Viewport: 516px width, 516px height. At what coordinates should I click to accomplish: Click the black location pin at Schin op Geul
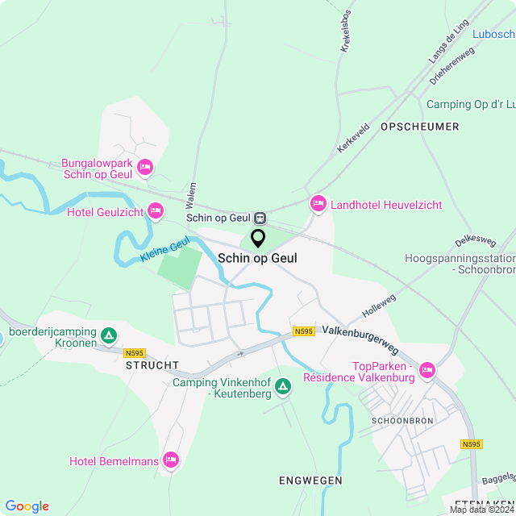[258, 239]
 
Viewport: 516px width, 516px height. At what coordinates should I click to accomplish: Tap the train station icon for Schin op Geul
[260, 218]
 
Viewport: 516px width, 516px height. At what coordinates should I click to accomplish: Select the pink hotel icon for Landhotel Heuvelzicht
[318, 205]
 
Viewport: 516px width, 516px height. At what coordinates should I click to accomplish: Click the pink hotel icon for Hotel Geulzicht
[156, 212]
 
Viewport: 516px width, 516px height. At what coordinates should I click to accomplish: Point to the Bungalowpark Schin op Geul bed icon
[145, 168]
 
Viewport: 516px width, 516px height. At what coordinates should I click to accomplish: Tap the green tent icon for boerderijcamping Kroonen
[110, 334]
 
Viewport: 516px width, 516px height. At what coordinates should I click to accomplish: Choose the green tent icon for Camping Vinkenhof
[283, 387]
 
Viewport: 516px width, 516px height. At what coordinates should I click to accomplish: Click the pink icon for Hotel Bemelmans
[170, 460]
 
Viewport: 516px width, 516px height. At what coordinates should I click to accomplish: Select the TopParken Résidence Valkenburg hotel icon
[427, 371]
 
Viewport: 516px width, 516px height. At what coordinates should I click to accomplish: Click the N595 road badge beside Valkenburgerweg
[304, 331]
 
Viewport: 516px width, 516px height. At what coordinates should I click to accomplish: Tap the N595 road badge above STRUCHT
[134, 352]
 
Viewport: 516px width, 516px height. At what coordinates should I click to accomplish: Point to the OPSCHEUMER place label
[419, 127]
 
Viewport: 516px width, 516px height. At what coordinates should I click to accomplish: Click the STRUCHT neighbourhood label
[152, 365]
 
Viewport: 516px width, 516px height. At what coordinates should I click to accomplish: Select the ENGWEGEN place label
[310, 481]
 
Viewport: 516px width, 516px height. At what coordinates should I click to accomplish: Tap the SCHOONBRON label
[402, 421]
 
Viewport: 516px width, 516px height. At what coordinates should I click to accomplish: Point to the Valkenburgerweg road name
[360, 339]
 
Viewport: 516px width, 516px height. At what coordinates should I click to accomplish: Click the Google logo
[27, 506]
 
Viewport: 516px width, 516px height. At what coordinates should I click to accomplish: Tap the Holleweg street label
[380, 303]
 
